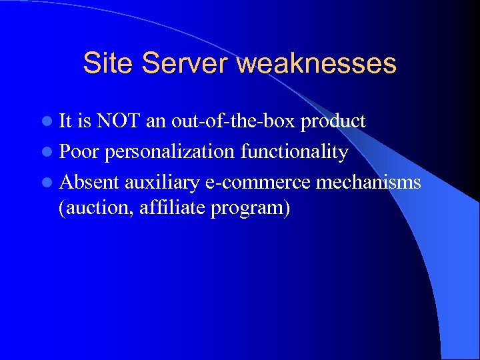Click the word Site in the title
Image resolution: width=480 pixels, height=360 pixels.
109,64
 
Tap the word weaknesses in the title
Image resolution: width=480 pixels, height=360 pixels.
316,64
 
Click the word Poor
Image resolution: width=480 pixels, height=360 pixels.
79,152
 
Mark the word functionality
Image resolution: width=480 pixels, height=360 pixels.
294,153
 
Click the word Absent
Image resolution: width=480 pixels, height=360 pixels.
89,182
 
